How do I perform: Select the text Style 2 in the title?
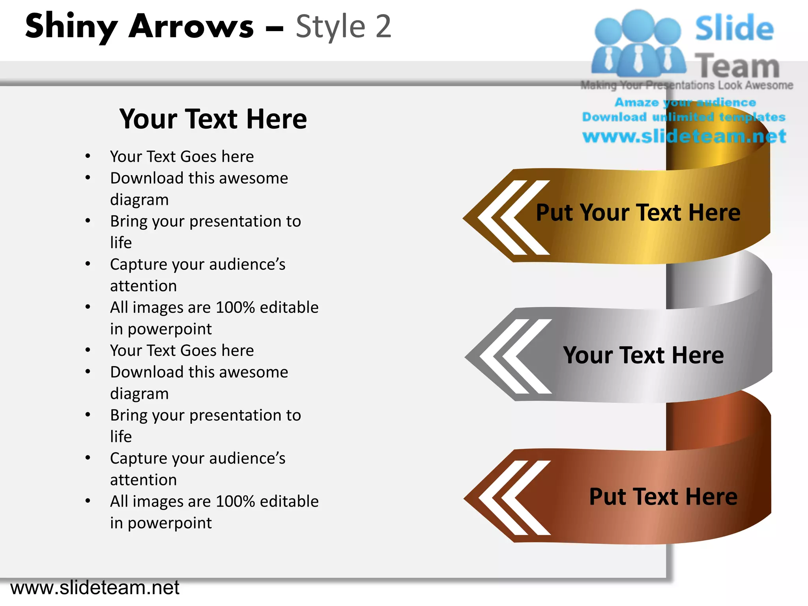click(343, 27)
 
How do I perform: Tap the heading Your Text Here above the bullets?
click(213, 119)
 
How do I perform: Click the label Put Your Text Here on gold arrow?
click(638, 213)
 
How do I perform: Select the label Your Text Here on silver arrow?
click(643, 355)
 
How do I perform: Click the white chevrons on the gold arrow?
click(513, 218)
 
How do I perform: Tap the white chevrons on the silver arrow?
click(515, 357)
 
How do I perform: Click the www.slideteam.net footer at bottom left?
click(95, 588)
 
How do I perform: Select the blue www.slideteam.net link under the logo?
click(684, 137)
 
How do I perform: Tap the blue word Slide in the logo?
click(734, 28)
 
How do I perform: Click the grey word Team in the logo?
click(737, 66)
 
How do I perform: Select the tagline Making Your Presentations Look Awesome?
click(686, 85)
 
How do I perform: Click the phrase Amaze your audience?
click(685, 103)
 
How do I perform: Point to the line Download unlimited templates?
click(684, 117)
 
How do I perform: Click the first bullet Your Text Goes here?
click(182, 157)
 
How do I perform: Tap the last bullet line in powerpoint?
click(161, 523)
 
